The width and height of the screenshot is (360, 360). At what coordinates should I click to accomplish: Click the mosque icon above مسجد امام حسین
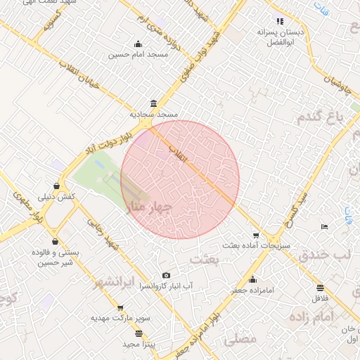(137, 44)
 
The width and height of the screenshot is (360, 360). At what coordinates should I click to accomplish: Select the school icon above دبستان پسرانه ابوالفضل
(280, 21)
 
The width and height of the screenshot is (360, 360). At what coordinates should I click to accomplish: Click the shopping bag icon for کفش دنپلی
(56, 186)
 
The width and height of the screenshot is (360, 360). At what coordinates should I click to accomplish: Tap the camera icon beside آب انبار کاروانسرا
(166, 276)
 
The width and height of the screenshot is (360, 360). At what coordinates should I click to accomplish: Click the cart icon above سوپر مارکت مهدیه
(120, 307)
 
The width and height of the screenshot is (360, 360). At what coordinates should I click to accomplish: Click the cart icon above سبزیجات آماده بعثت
(255, 236)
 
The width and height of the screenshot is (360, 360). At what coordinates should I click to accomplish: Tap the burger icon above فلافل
(320, 288)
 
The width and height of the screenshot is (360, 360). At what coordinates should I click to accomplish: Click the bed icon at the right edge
(324, 226)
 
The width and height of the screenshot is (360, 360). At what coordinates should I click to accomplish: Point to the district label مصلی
(240, 339)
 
